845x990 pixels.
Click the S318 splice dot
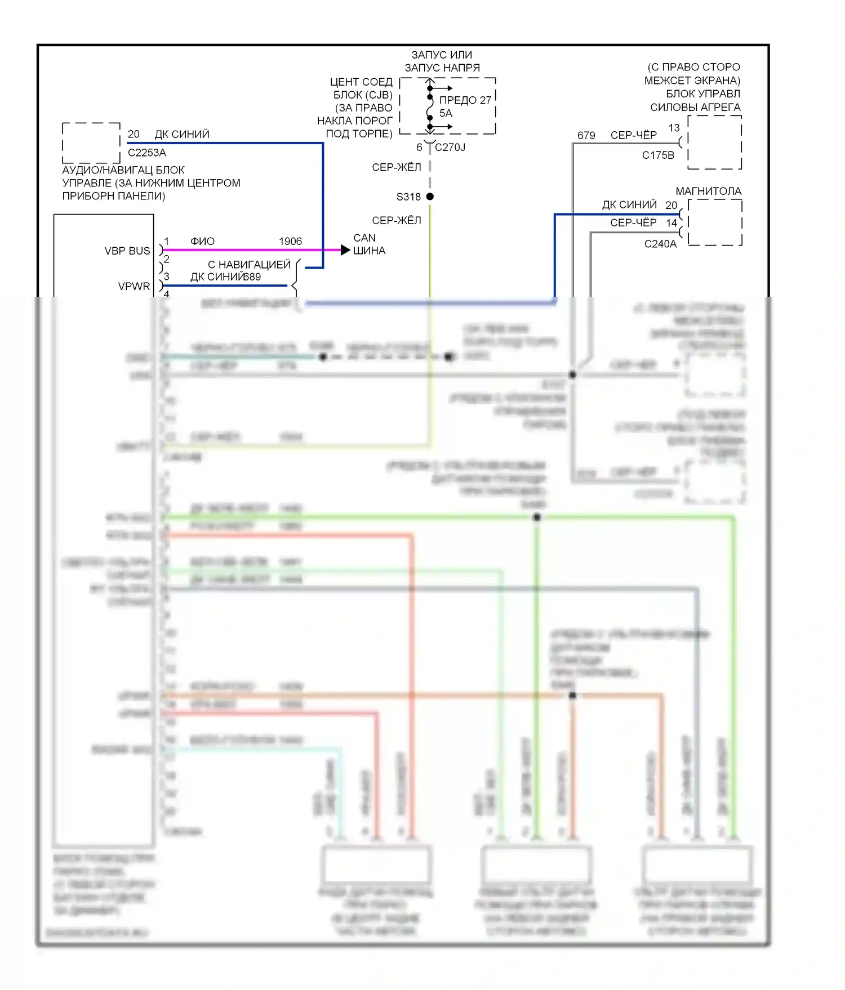pyautogui.click(x=430, y=197)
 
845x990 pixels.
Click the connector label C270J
pyautogui.click(x=450, y=148)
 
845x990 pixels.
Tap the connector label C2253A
pyautogui.click(x=147, y=153)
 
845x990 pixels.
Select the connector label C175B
pyautogui.click(x=658, y=155)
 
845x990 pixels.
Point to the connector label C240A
pyautogui.click(x=660, y=244)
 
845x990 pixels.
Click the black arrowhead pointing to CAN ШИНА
pyautogui.click(x=345, y=249)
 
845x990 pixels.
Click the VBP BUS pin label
pyautogui.click(x=127, y=251)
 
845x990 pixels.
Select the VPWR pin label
pyautogui.click(x=134, y=286)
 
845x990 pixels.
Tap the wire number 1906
pyautogui.click(x=290, y=241)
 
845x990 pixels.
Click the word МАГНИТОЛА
pyautogui.click(x=708, y=191)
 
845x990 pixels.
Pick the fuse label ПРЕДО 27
pyautogui.click(x=465, y=100)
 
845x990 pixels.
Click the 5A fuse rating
pyautogui.click(x=446, y=113)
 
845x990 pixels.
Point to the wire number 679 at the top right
pyautogui.click(x=586, y=135)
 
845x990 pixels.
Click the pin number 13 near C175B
pyautogui.click(x=674, y=128)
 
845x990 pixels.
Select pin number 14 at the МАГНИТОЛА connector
pyautogui.click(x=671, y=223)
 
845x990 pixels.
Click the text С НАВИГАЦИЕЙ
pyautogui.click(x=249, y=264)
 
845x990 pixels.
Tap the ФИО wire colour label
pyautogui.click(x=202, y=241)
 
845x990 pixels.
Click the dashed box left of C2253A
pyautogui.click(x=91, y=142)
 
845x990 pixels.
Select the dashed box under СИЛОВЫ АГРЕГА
pyautogui.click(x=714, y=142)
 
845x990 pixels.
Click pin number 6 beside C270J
pyautogui.click(x=419, y=148)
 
